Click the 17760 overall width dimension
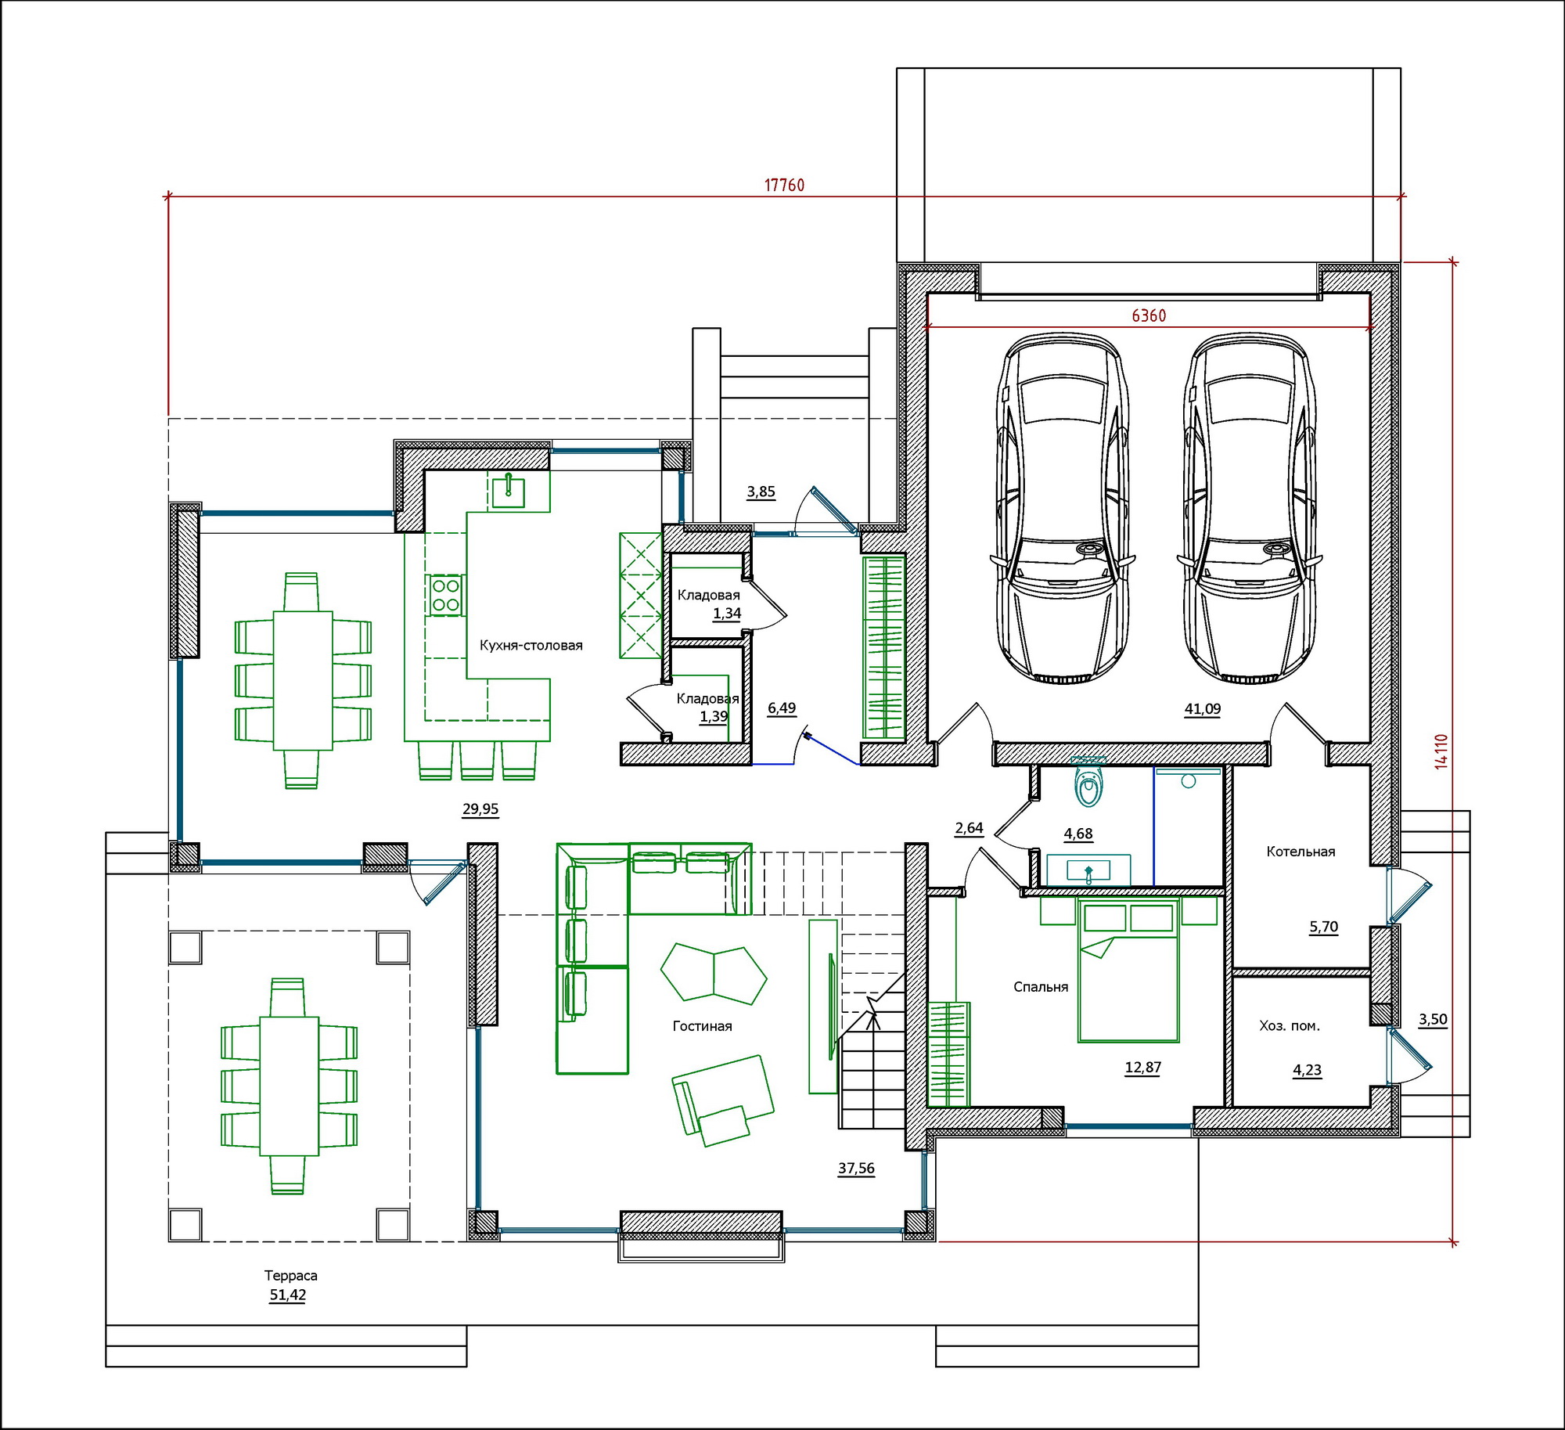tap(784, 186)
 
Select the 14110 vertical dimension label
tap(1441, 751)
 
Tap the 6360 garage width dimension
tap(1149, 315)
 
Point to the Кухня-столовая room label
tap(531, 646)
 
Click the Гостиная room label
tap(703, 1026)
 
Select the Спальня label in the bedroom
tap(1041, 987)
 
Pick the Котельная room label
tap(1301, 852)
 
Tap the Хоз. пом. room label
tap(1290, 1025)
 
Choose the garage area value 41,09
tap(1203, 709)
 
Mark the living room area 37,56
tap(856, 1169)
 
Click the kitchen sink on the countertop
tap(509, 490)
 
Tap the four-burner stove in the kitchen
tap(446, 595)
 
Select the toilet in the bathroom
tap(1088, 783)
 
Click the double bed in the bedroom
tap(1128, 971)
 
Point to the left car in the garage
tap(1063, 510)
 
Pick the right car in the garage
tap(1250, 510)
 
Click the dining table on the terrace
tap(290, 1086)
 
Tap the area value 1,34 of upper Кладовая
tap(727, 614)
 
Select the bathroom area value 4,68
tap(1078, 834)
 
